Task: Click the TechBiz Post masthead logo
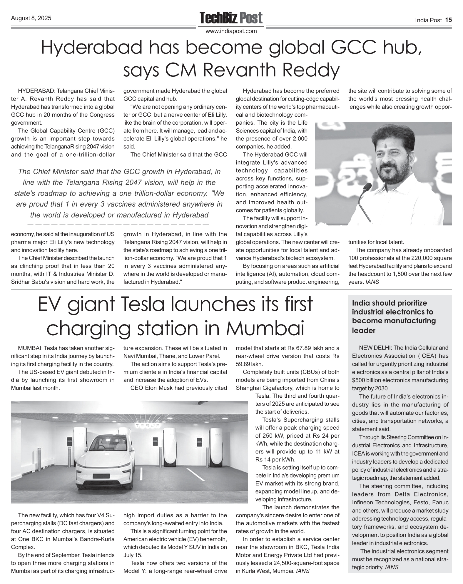[x=231, y=18]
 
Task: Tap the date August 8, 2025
[x=31, y=18]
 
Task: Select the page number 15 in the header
[x=448, y=20]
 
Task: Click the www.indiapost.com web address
[x=231, y=31]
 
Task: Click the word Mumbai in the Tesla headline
[x=265, y=328]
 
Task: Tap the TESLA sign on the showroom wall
[x=147, y=426]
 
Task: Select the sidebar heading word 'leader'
[x=364, y=330]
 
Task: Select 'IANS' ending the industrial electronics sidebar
[x=392, y=567]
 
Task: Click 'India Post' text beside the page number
[x=428, y=20]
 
